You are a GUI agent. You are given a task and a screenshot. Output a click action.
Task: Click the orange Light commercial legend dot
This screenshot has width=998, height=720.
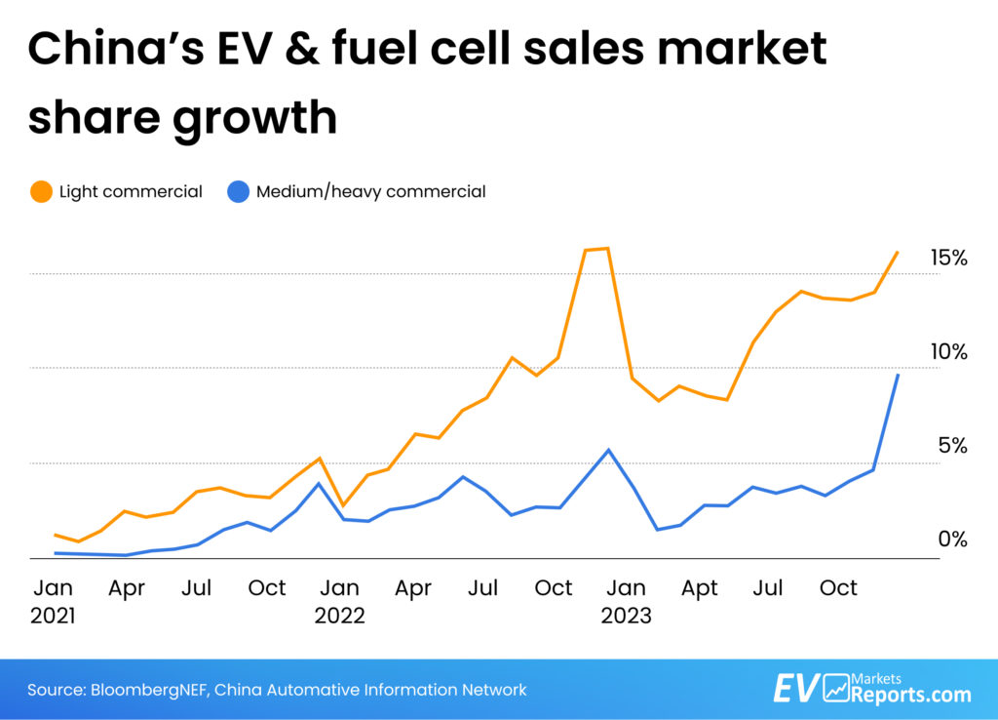(x=40, y=192)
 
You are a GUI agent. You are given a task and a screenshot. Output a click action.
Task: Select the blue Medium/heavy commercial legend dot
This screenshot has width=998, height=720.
(x=237, y=192)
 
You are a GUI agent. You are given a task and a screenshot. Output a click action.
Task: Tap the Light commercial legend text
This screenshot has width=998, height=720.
(x=131, y=192)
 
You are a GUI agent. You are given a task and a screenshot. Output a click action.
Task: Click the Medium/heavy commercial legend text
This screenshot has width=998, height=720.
(x=370, y=192)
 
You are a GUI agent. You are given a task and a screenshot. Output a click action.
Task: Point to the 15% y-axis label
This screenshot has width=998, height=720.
(x=948, y=259)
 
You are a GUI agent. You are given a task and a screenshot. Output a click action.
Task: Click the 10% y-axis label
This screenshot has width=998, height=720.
(x=948, y=352)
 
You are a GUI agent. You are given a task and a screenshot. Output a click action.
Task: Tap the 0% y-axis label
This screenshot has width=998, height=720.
(x=952, y=539)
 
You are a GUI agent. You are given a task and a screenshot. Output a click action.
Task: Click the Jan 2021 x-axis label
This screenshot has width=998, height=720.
(x=53, y=601)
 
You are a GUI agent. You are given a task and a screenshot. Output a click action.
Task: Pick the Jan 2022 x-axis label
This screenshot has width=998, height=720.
(x=339, y=601)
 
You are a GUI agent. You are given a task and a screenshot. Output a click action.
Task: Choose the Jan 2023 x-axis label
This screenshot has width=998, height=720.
(x=626, y=601)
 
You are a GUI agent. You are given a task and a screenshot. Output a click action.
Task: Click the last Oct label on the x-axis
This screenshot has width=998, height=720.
(x=837, y=588)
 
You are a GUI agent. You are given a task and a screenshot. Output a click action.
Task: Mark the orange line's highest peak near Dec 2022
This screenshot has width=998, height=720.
(x=608, y=249)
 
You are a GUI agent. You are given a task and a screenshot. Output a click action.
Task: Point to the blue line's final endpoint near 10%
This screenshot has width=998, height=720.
(x=898, y=375)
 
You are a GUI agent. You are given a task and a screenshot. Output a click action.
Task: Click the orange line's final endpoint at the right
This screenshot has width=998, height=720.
(x=898, y=252)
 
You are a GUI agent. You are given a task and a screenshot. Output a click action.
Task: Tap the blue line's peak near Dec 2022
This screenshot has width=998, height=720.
(x=608, y=450)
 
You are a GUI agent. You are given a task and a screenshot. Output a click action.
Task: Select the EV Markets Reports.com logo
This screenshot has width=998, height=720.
(x=871, y=688)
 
